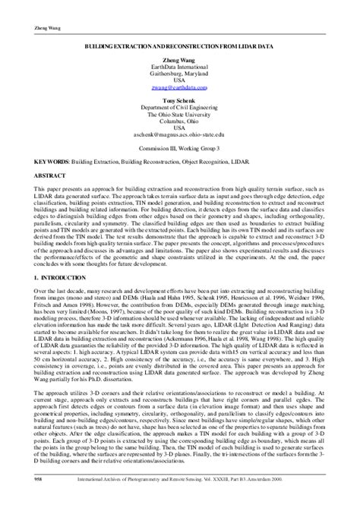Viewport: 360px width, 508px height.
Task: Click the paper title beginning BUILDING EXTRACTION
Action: click(179, 47)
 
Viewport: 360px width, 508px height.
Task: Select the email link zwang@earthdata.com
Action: click(179, 88)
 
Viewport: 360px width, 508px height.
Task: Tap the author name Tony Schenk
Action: click(179, 101)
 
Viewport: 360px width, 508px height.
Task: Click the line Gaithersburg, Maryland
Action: click(179, 74)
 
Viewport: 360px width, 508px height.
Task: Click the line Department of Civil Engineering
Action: click(179, 108)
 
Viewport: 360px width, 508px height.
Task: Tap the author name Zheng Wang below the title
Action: click(179, 61)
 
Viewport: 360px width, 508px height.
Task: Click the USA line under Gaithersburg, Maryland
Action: click(179, 81)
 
